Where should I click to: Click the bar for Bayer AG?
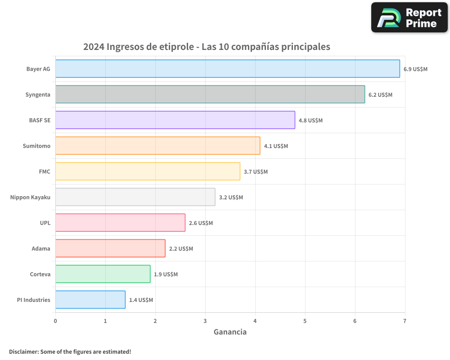[x=227, y=69]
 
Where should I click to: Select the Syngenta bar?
[x=210, y=94]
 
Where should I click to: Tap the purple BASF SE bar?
[x=175, y=120]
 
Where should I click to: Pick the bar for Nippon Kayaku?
[x=135, y=197]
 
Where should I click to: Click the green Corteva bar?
[x=103, y=274]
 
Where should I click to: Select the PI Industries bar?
[x=90, y=300]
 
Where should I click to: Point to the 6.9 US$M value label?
[x=415, y=69]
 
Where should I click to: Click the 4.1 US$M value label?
[x=276, y=146]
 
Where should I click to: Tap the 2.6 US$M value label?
[x=201, y=223]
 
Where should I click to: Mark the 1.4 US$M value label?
[x=141, y=300]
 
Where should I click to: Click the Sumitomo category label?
[x=36, y=146]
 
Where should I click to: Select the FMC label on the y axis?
[x=45, y=171]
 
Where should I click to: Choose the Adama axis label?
[x=41, y=248]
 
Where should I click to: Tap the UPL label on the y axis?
[x=45, y=223]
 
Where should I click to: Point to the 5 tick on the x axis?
[x=305, y=321]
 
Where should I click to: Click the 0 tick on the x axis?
[x=55, y=321]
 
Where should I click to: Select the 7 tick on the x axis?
[x=405, y=321]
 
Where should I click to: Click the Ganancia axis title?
[x=230, y=332]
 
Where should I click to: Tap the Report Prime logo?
[x=409, y=18]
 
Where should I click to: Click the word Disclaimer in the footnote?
[x=23, y=351]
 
